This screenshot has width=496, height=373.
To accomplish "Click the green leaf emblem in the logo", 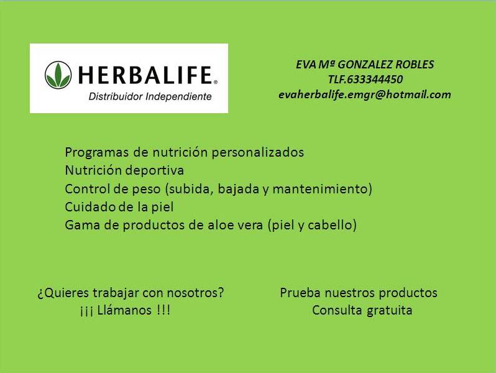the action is click(x=58, y=75).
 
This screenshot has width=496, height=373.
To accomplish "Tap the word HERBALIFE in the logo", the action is click(x=145, y=75).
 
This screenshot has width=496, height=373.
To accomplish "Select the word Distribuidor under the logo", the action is click(x=116, y=96).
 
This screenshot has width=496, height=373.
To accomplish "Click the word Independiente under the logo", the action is click(x=179, y=96).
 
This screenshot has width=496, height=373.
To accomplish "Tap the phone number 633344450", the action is click(x=375, y=79).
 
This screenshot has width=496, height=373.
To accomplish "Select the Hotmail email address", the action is click(x=365, y=94).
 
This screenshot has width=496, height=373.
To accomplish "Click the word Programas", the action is click(x=97, y=153).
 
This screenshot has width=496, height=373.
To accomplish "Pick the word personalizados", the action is click(x=257, y=153).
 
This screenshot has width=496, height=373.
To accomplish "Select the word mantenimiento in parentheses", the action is click(x=320, y=189).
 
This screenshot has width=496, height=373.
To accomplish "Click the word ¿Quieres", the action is click(x=63, y=293).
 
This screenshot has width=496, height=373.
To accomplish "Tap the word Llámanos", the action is click(x=124, y=310).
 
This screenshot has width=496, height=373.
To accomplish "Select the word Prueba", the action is click(x=300, y=293).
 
